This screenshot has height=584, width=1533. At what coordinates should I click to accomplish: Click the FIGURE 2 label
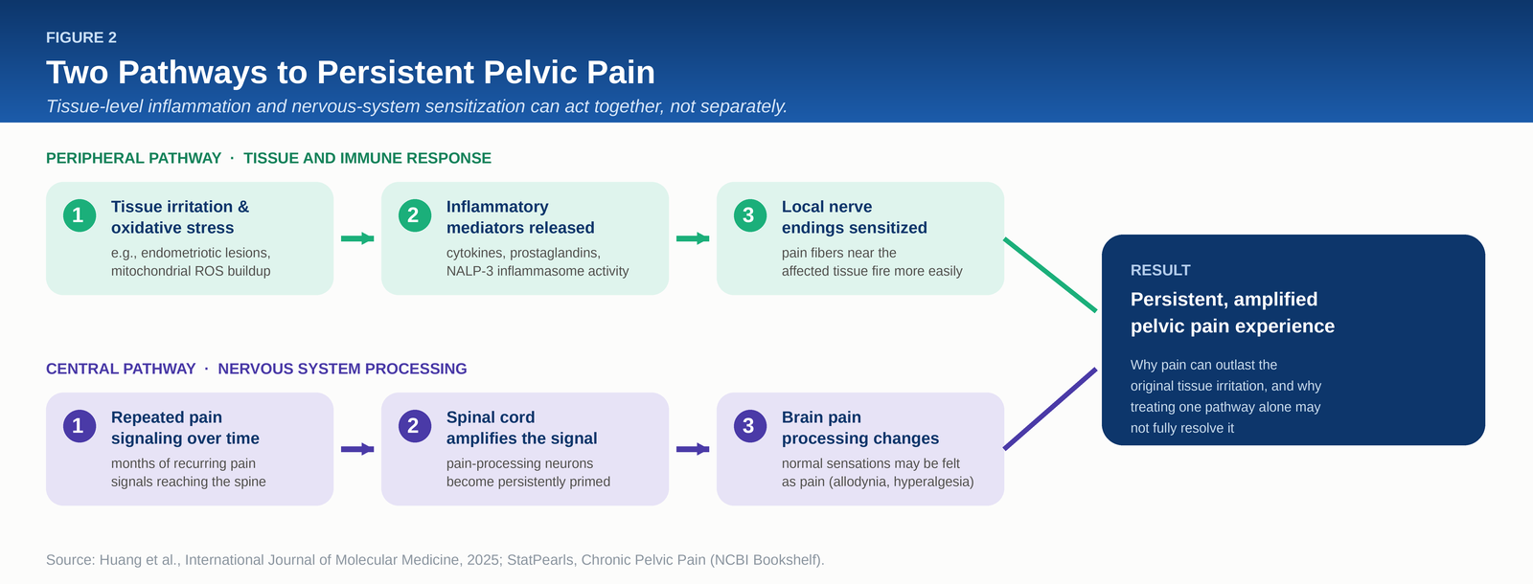(80, 37)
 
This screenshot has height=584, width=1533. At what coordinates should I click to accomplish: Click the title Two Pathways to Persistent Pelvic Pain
(351, 73)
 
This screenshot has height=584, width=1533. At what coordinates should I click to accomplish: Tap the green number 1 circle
(80, 215)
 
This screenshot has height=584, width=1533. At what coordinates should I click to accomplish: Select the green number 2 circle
(415, 215)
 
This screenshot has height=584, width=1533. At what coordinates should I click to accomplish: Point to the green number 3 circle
(750, 215)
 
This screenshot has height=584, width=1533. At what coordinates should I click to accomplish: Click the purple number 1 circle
(80, 426)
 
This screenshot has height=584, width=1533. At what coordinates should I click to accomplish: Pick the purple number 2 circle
(415, 426)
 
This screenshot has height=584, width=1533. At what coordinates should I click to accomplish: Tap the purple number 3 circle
(750, 426)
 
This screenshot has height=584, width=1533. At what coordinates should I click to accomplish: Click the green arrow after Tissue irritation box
(357, 238)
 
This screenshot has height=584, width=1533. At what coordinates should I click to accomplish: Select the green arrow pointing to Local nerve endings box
(693, 238)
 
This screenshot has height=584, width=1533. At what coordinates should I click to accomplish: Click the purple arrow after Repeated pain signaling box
(357, 449)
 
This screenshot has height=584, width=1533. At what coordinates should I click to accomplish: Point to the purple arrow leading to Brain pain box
(693, 449)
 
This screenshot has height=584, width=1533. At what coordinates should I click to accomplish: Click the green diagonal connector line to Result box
(1050, 275)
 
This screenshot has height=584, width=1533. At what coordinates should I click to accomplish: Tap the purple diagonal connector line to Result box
(1050, 409)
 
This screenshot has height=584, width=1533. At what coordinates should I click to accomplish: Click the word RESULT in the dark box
(1160, 270)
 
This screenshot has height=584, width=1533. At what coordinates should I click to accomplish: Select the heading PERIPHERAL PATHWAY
(133, 158)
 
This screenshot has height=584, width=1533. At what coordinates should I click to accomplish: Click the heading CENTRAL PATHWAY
(121, 369)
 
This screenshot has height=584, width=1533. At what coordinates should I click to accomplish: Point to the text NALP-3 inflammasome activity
(538, 271)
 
